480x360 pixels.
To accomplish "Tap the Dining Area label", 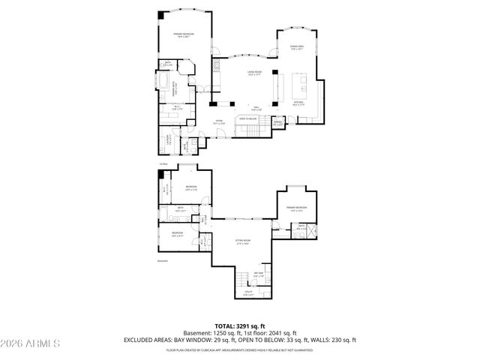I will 296,47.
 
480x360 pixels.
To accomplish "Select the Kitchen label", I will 298,101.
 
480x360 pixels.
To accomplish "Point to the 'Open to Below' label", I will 248,118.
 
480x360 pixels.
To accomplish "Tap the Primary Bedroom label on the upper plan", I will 184,34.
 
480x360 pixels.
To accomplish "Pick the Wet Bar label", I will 258,274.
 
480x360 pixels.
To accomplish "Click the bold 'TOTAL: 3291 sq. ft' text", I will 240,326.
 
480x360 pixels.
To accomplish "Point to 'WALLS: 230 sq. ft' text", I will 331,340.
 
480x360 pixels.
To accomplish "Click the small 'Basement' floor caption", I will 163,261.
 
